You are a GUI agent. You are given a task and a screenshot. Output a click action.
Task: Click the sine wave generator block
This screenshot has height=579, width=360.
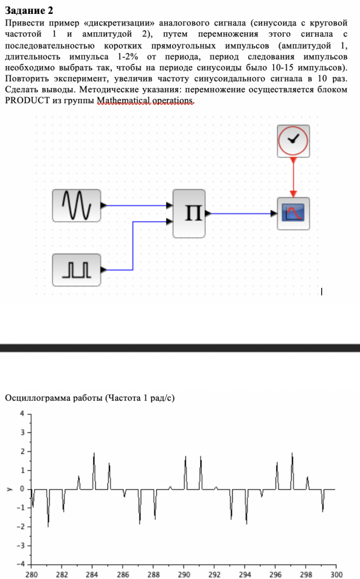[76, 205]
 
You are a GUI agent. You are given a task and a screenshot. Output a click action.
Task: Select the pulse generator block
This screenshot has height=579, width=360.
[76, 270]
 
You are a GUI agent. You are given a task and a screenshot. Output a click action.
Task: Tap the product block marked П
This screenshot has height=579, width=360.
[189, 213]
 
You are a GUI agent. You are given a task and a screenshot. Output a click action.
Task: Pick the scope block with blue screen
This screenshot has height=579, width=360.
[293, 213]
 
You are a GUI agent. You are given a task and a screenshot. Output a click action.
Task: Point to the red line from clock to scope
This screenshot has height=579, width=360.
[293, 177]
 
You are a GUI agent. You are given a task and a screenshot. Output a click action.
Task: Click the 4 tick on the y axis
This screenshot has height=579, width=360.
[23, 413]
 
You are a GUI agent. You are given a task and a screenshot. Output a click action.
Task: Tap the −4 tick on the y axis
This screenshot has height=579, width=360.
[21, 563]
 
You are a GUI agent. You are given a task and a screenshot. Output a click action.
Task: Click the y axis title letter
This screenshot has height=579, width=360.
[8, 489]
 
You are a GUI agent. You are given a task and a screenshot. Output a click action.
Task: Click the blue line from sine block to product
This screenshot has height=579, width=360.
[137, 205]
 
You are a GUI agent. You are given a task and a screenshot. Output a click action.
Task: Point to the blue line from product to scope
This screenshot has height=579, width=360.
[243, 213]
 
